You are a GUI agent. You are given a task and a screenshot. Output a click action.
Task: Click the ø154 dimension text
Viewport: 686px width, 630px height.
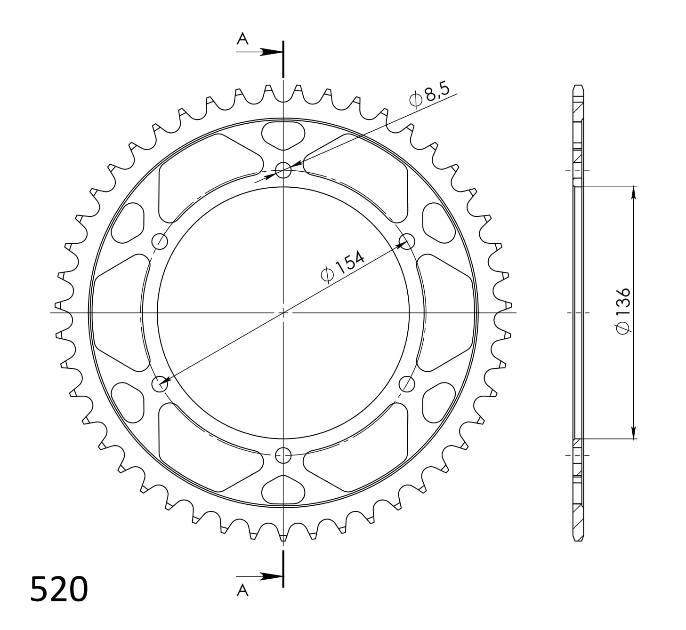click(342, 266)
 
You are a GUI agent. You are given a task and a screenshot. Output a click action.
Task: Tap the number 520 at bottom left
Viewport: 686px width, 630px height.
click(59, 589)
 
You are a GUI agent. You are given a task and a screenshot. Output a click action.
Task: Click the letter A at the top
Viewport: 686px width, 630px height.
click(242, 39)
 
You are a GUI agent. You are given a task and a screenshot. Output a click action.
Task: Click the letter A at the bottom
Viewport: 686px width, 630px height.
click(242, 590)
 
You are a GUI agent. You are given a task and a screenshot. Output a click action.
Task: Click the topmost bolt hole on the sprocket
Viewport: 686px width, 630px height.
click(283, 170)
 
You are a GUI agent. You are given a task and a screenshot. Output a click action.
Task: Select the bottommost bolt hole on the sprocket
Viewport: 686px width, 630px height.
click(283, 455)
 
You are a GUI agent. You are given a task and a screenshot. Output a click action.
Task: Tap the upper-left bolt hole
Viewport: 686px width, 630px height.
click(160, 241)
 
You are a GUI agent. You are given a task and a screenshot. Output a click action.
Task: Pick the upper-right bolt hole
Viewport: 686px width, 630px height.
click(406, 241)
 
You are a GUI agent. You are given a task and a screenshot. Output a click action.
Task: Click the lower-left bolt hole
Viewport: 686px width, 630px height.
click(160, 384)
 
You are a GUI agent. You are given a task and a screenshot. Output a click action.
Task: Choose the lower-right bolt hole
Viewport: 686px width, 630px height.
click(406, 384)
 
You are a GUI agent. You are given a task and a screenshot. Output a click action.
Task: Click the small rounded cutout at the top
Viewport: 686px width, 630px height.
click(283, 135)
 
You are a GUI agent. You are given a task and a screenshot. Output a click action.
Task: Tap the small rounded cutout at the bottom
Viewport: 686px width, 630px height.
click(283, 490)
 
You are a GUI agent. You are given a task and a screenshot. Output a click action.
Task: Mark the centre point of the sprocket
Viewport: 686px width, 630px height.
click(283, 312)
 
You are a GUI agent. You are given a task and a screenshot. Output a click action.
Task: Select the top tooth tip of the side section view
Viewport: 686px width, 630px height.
click(578, 87)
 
